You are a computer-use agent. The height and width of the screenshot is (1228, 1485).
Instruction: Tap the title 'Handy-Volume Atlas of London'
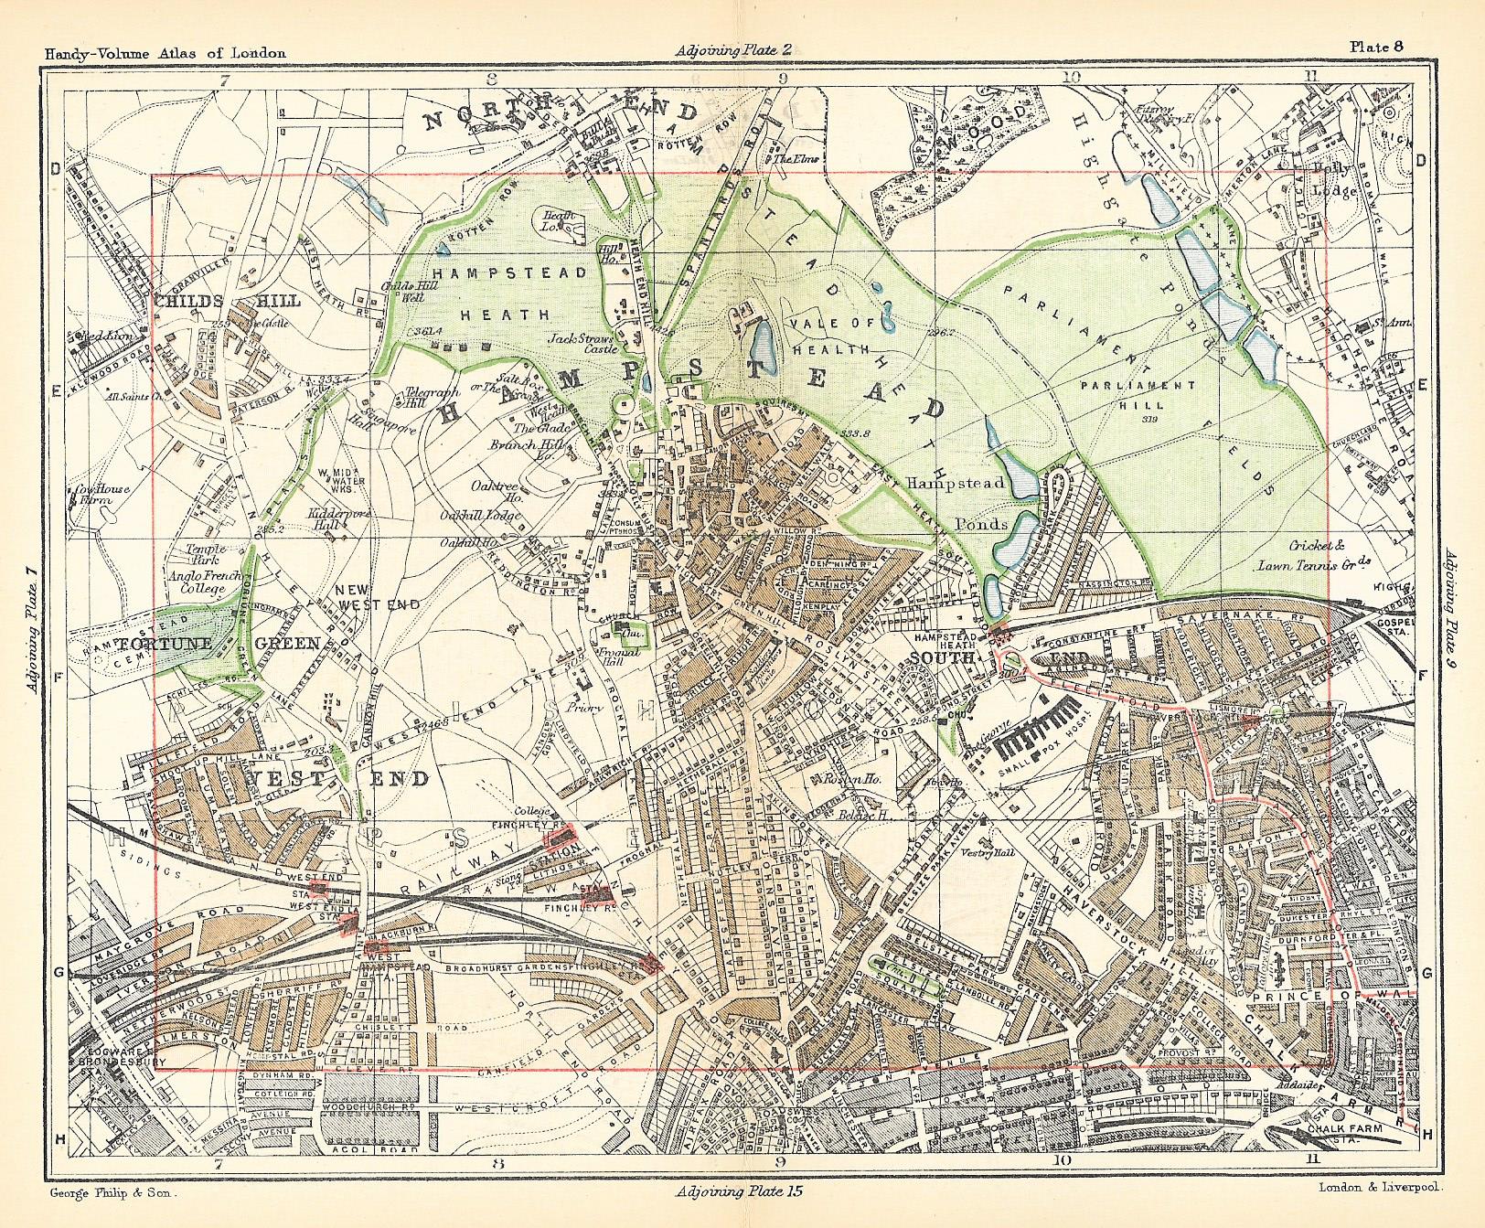(x=165, y=53)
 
